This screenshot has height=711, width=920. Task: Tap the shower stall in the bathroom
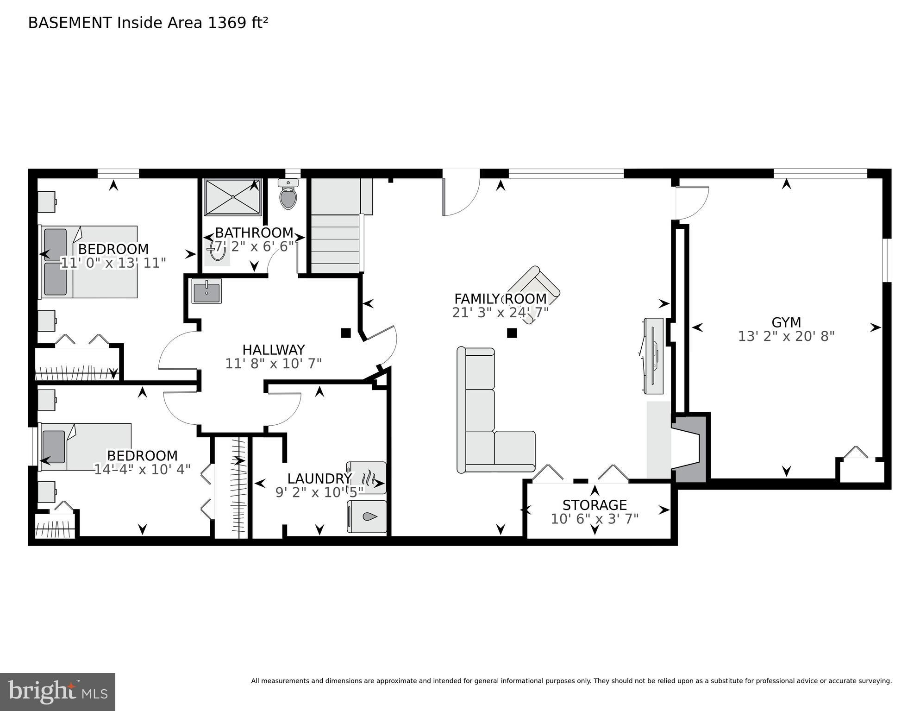(x=233, y=197)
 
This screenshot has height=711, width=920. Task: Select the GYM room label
(x=786, y=322)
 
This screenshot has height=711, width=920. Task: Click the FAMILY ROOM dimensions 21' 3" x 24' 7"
(x=500, y=313)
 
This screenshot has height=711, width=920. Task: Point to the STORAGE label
(x=595, y=505)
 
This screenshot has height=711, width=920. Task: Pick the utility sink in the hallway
(x=207, y=291)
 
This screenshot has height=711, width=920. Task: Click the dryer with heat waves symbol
(x=366, y=478)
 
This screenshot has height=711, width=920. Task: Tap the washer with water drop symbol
(x=366, y=516)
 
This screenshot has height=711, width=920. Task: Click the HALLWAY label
(x=273, y=350)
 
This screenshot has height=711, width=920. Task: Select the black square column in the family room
(x=511, y=333)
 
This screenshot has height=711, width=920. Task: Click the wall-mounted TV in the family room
(x=653, y=355)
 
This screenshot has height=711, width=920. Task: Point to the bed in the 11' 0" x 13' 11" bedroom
(x=89, y=262)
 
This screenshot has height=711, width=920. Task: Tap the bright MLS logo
(x=57, y=692)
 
